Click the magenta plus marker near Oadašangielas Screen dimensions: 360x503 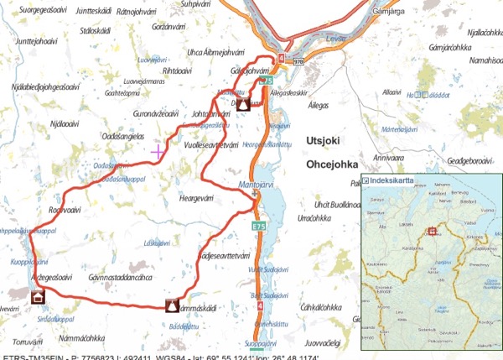158,152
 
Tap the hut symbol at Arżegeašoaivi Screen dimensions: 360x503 38,296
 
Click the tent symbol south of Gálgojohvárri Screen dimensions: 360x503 243,105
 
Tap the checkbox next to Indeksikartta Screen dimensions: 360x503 367,180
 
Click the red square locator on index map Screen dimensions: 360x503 433,231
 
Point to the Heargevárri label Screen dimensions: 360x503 198,198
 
